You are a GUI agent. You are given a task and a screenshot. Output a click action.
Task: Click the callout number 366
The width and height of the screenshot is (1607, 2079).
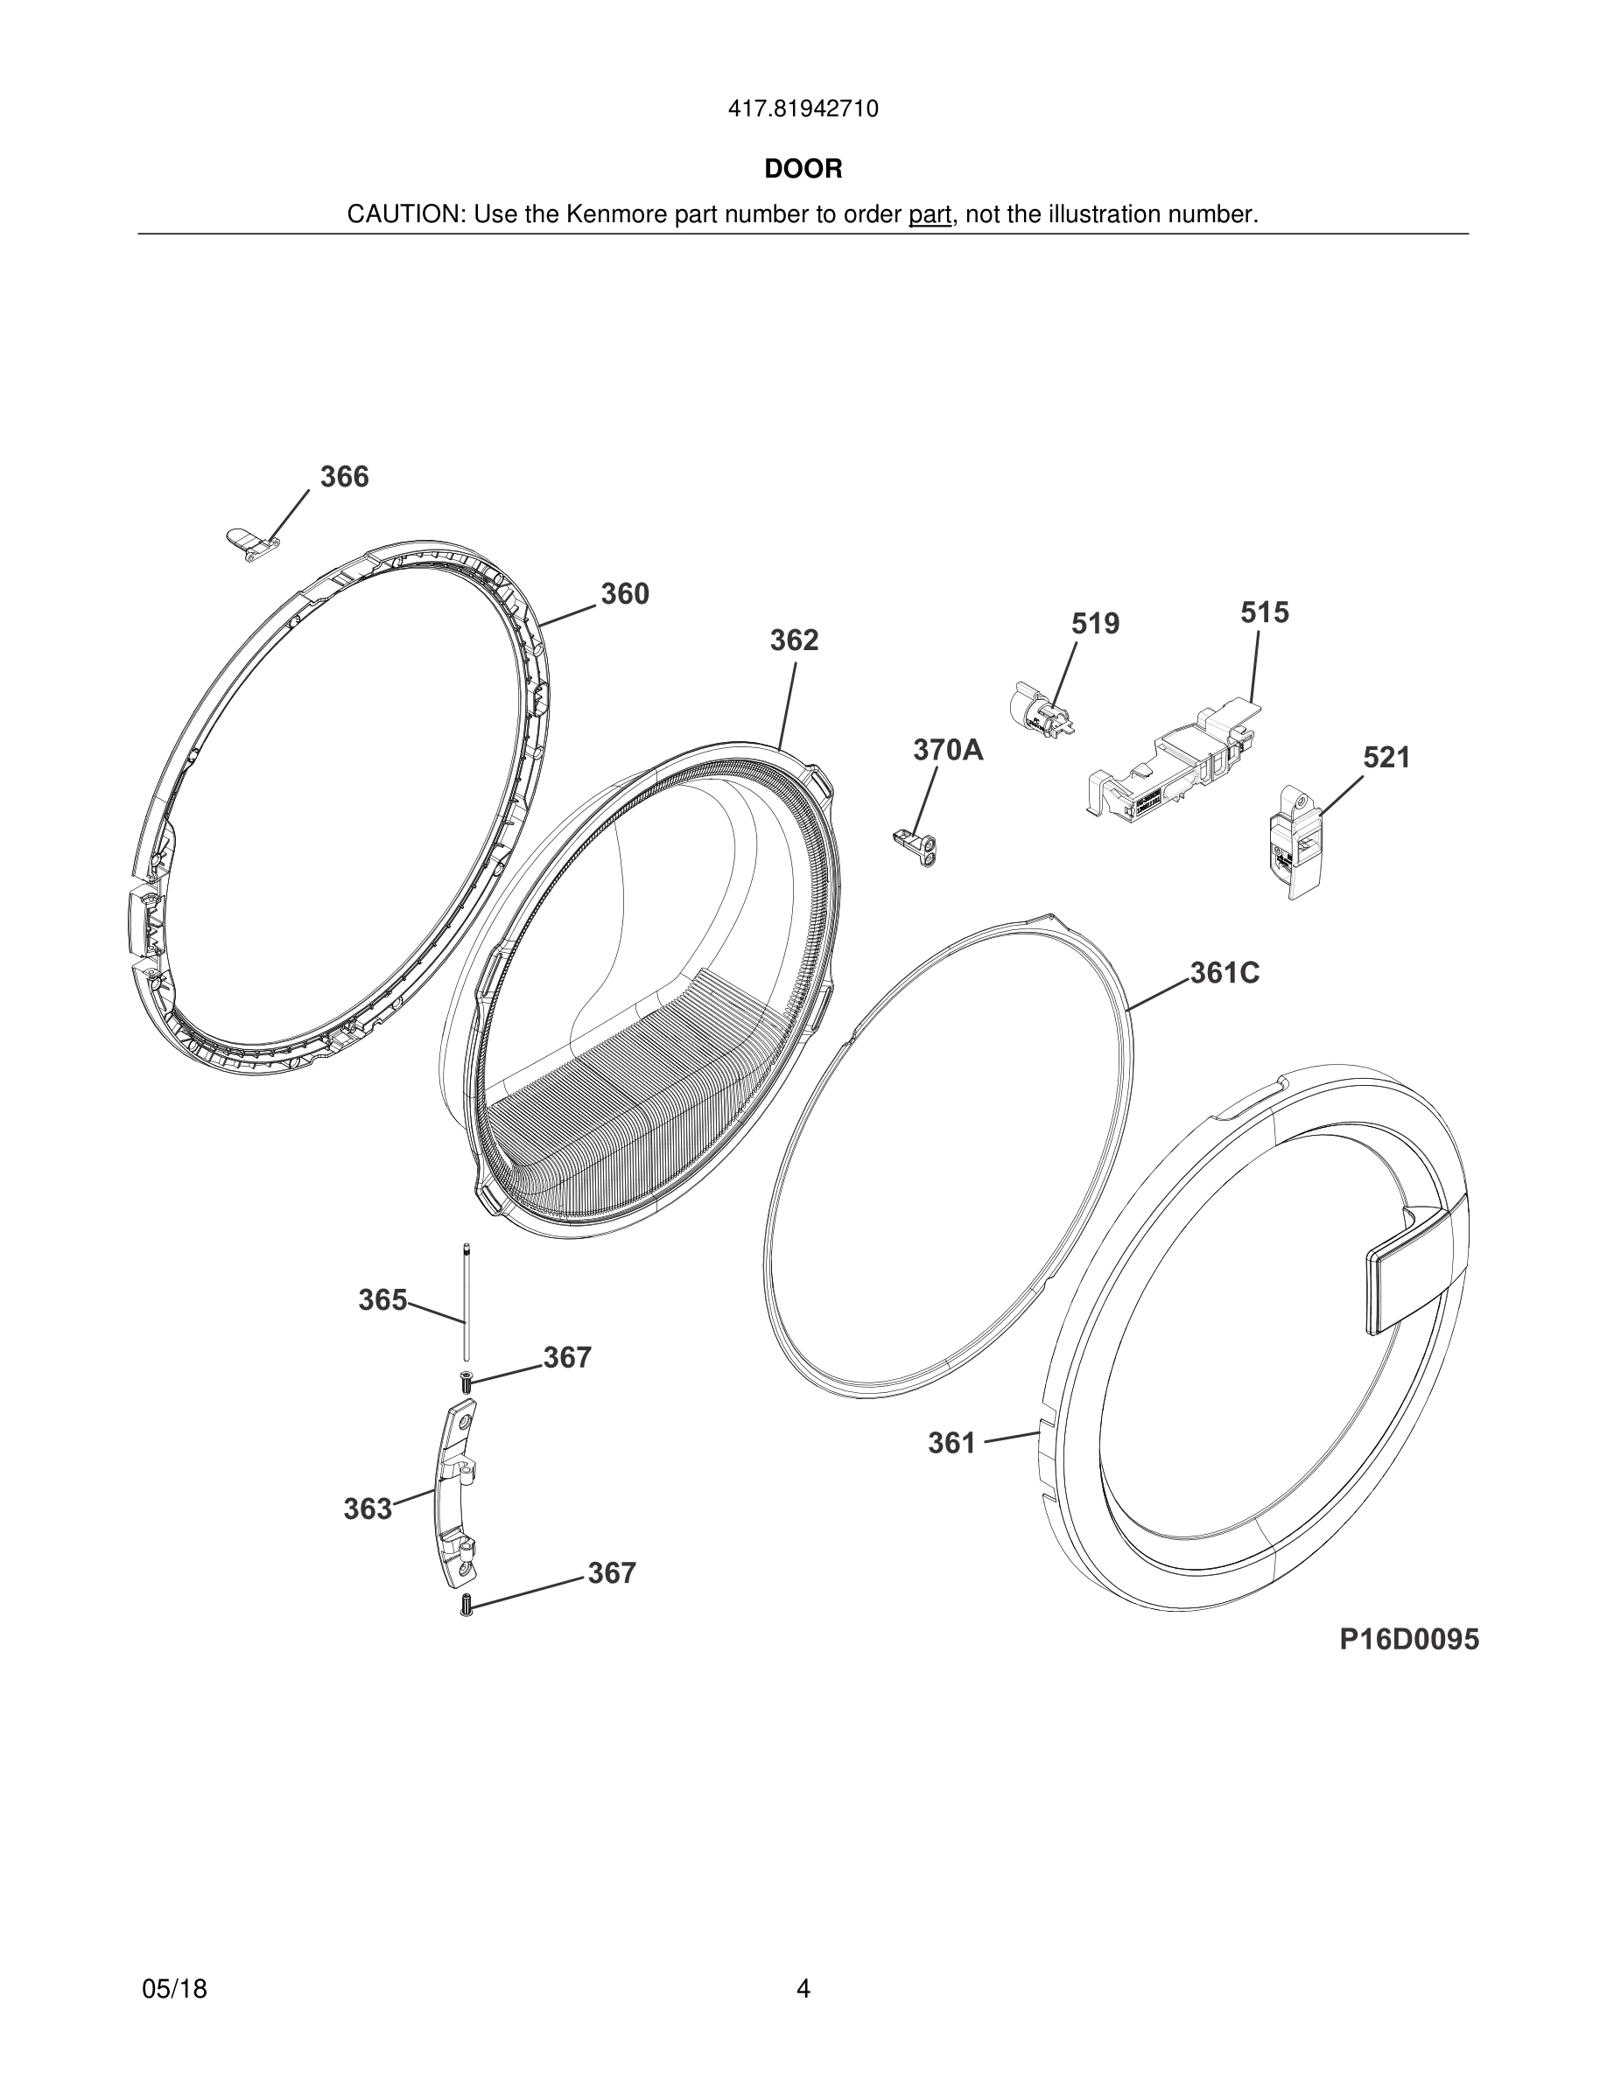pyautogui.click(x=344, y=477)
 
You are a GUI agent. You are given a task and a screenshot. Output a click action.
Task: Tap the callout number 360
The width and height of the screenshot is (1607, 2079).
pyautogui.click(x=625, y=594)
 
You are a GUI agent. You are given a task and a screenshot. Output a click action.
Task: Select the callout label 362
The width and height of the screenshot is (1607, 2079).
pyautogui.click(x=794, y=640)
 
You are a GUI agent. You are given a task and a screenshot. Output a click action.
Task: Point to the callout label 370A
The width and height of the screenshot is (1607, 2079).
pyautogui.click(x=948, y=750)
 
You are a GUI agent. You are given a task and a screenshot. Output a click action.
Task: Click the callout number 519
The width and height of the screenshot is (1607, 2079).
pyautogui.click(x=1095, y=624)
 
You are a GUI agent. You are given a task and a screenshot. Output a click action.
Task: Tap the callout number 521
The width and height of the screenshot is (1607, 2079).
pyautogui.click(x=1386, y=758)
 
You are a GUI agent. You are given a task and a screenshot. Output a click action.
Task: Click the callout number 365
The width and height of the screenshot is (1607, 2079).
pyautogui.click(x=382, y=1300)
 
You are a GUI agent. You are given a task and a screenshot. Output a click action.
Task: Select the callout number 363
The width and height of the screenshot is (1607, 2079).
pyautogui.click(x=368, y=1508)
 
